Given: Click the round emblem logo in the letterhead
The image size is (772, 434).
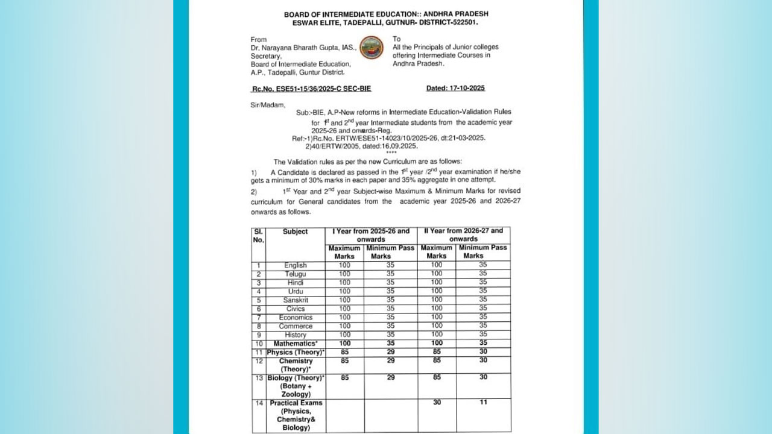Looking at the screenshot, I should (x=372, y=48).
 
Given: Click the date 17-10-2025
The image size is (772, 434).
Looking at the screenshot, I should (x=455, y=88).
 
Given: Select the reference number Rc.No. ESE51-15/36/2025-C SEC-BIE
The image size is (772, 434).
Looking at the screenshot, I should (x=311, y=89).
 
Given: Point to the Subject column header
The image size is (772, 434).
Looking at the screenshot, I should (x=296, y=231).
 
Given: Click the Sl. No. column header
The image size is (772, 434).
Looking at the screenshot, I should (x=258, y=235).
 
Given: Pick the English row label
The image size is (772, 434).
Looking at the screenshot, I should (x=296, y=265).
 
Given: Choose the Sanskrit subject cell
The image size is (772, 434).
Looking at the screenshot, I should (x=296, y=300).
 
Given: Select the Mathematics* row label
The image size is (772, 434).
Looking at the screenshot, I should (x=296, y=344).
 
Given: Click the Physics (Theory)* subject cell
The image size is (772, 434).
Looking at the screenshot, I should (x=296, y=352).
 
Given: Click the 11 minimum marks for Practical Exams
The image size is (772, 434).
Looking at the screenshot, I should (x=483, y=403).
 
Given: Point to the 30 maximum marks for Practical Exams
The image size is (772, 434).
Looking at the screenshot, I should (x=437, y=403).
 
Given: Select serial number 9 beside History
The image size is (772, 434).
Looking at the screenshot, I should (x=258, y=335).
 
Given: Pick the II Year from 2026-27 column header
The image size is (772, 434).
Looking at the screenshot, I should (x=463, y=235).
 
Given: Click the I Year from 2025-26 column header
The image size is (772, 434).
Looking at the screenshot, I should (x=371, y=235).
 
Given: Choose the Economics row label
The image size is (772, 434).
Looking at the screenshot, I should (x=296, y=318).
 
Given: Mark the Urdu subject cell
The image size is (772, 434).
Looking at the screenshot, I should (x=296, y=291).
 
